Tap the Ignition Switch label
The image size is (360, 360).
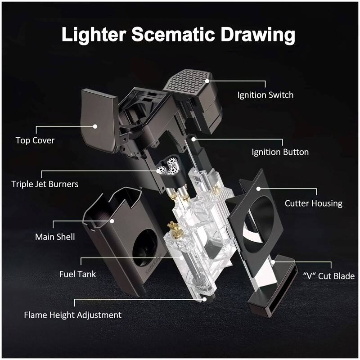(265, 95)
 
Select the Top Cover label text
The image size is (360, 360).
(35, 140)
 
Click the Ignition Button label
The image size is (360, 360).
(280, 152)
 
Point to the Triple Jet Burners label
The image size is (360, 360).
(45, 184)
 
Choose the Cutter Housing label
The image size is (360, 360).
(314, 203)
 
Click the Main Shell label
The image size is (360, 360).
(55, 236)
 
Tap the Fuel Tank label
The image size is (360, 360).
(77, 274)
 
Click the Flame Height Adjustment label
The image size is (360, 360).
(72, 315)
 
